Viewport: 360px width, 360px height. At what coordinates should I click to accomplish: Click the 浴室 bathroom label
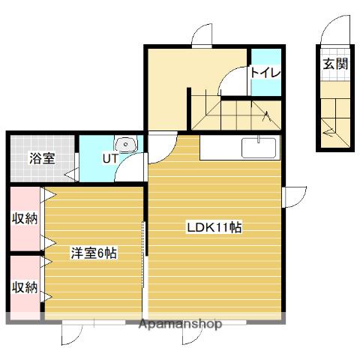pyautogui.click(x=42, y=158)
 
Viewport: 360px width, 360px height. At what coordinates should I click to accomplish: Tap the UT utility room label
pyautogui.click(x=110, y=158)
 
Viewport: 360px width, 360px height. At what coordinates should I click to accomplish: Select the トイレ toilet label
pyautogui.click(x=265, y=73)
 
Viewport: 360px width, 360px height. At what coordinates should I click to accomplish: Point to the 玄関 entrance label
pyautogui.click(x=335, y=64)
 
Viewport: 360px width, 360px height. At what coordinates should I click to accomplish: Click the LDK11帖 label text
pyautogui.click(x=214, y=227)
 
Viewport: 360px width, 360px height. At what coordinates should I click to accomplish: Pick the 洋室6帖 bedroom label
pyautogui.click(x=94, y=253)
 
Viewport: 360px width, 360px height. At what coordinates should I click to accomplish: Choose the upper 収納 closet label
pyautogui.click(x=25, y=218)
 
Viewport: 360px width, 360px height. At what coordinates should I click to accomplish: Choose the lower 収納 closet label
pyautogui.click(x=25, y=287)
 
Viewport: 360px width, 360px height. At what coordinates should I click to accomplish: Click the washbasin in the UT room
pyautogui.click(x=126, y=144)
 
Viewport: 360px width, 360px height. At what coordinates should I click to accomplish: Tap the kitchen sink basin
pyautogui.click(x=259, y=148)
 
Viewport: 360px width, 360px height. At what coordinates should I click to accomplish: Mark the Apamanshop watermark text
pyautogui.click(x=180, y=324)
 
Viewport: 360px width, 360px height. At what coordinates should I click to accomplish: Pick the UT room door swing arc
pyautogui.click(x=124, y=160)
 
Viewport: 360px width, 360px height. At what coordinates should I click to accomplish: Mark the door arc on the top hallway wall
pyautogui.click(x=197, y=29)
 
